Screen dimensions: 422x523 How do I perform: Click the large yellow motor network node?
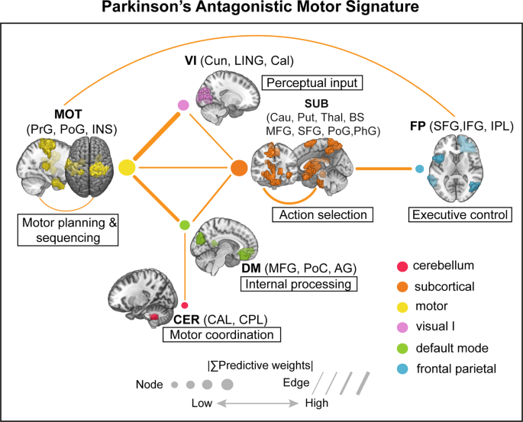click(x=127, y=166)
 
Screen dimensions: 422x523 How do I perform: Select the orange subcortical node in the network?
click(x=239, y=166)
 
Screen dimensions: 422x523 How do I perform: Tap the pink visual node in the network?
click(x=183, y=105)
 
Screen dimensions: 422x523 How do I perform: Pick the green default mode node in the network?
click(x=184, y=225)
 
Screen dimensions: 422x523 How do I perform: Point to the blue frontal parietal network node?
click(x=419, y=168)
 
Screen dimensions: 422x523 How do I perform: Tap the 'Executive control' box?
click(x=460, y=215)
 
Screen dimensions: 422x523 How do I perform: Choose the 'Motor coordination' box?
click(x=221, y=333)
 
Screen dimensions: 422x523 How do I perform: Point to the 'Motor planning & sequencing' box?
click(x=67, y=230)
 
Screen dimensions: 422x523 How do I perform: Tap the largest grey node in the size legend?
click(x=227, y=384)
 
